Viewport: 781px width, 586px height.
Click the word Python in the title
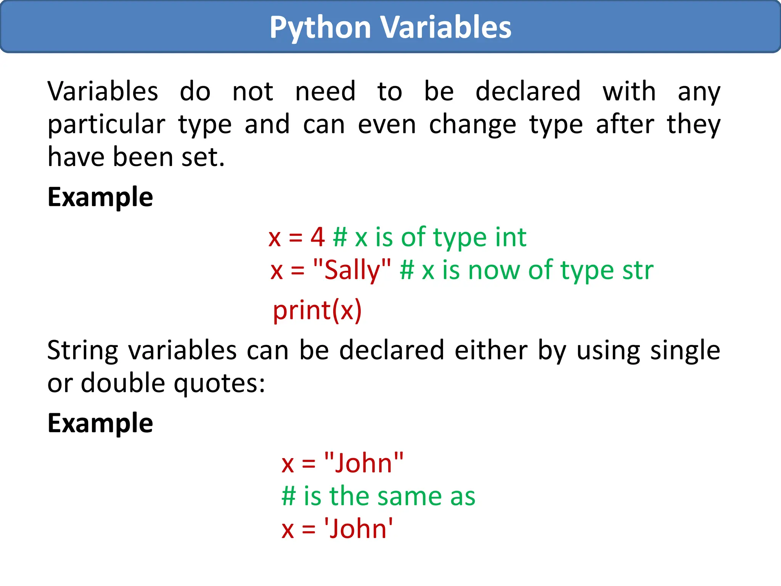320,27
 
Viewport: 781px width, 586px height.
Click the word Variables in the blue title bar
446,27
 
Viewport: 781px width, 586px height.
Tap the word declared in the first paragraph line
528,92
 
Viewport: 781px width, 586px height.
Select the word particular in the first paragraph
106,125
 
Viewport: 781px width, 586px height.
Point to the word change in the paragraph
472,125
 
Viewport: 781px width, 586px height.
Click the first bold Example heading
100,197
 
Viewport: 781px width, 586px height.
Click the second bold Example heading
100,423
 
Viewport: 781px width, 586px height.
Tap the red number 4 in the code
317,237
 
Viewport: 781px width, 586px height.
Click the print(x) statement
317,310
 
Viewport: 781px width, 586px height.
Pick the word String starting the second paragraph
83,351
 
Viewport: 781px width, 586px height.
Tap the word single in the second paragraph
685,351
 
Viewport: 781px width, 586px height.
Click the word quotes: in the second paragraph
220,383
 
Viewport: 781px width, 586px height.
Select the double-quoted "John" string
363,463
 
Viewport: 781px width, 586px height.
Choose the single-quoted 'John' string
358,529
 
